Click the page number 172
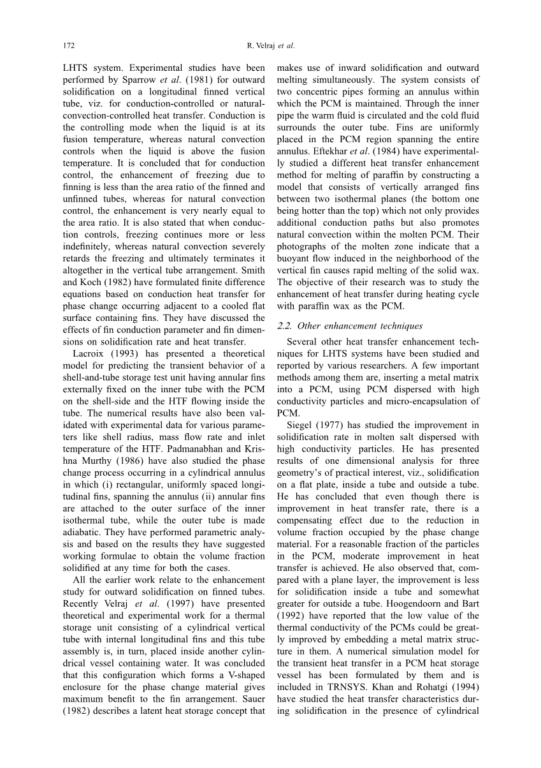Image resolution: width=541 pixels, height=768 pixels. tap(69, 46)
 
